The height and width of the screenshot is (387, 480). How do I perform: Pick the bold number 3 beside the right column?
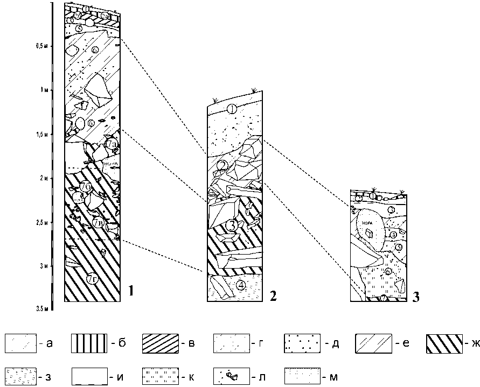click(x=416, y=295)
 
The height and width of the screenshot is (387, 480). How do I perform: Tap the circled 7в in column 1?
click(x=98, y=222)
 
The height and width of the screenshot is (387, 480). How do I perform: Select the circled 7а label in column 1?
click(x=112, y=145)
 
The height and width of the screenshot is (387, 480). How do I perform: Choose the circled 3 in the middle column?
click(x=231, y=224)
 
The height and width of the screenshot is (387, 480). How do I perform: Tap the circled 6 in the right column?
click(x=387, y=272)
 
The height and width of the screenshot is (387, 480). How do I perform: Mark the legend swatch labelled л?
click(x=232, y=376)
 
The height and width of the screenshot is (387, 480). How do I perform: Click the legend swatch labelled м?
click(x=302, y=376)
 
